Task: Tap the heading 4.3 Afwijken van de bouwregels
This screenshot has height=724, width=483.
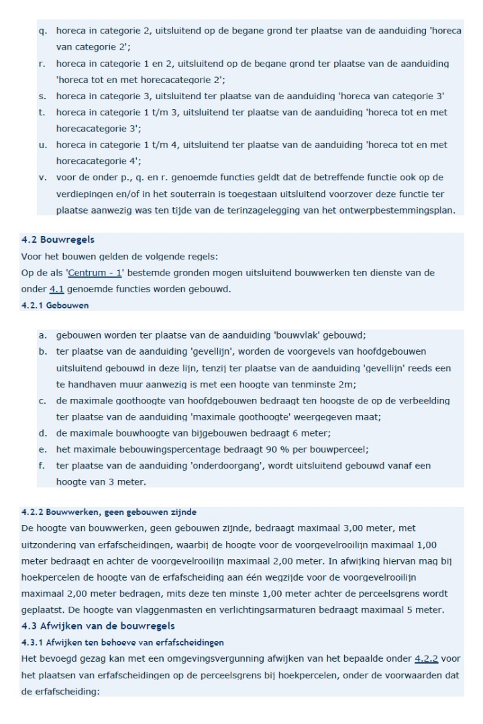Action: point(87,626)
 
